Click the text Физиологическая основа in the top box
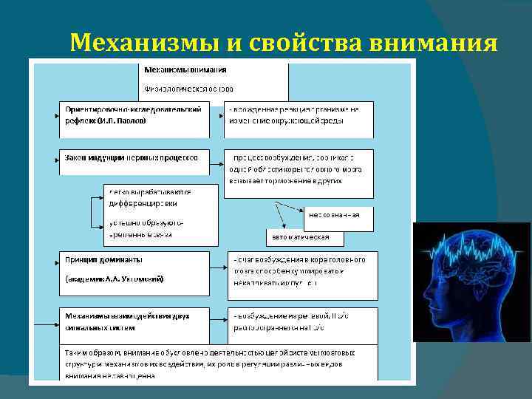[x=188, y=88]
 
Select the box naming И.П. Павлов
[x=134, y=119]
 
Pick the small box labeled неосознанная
[x=338, y=215]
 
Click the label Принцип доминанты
[x=105, y=260]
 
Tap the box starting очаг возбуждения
[x=302, y=270]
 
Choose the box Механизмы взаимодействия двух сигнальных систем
[x=134, y=322]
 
